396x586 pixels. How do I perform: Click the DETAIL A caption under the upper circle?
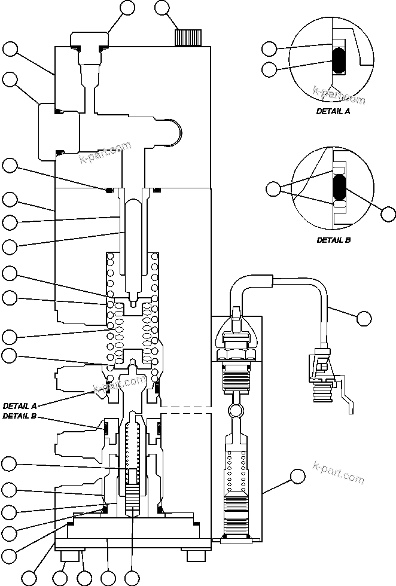(x=333, y=111)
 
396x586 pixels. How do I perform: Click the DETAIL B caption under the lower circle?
(x=333, y=240)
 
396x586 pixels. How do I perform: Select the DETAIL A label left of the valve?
(x=22, y=405)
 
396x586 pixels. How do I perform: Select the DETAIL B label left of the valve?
(x=22, y=416)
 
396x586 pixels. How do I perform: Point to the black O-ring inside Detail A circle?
(x=339, y=61)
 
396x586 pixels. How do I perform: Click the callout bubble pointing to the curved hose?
(x=363, y=318)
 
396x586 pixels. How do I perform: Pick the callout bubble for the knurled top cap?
(x=163, y=8)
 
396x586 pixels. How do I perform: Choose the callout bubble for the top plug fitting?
(x=127, y=8)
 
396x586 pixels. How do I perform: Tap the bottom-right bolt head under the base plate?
(x=197, y=556)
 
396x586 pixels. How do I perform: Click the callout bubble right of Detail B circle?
(x=388, y=214)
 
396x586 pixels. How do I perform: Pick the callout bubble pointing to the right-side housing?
(x=297, y=476)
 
